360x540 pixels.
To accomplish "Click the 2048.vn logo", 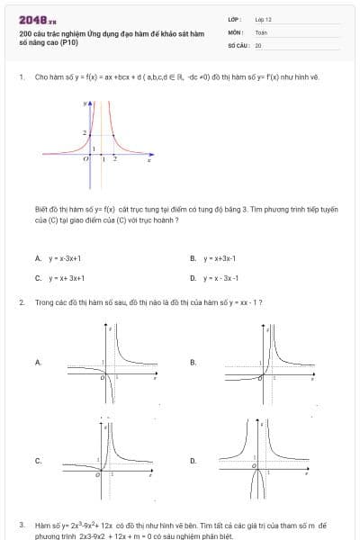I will [37, 19].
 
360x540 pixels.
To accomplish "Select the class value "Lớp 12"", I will [263, 18].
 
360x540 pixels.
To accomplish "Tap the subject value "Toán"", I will [261, 31].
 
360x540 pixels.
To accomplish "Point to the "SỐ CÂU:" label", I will [238, 44].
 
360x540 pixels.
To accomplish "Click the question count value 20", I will [258, 44].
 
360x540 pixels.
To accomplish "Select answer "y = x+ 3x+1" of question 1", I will [67, 278].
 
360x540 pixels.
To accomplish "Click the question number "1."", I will [21, 77].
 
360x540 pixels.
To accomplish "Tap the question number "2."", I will [21, 302].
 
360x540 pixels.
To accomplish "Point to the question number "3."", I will [21, 524].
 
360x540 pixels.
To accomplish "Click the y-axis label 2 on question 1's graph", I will [85, 134].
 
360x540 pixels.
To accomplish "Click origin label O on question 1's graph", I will [85, 158].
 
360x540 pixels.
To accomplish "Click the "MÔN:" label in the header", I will [236, 31].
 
